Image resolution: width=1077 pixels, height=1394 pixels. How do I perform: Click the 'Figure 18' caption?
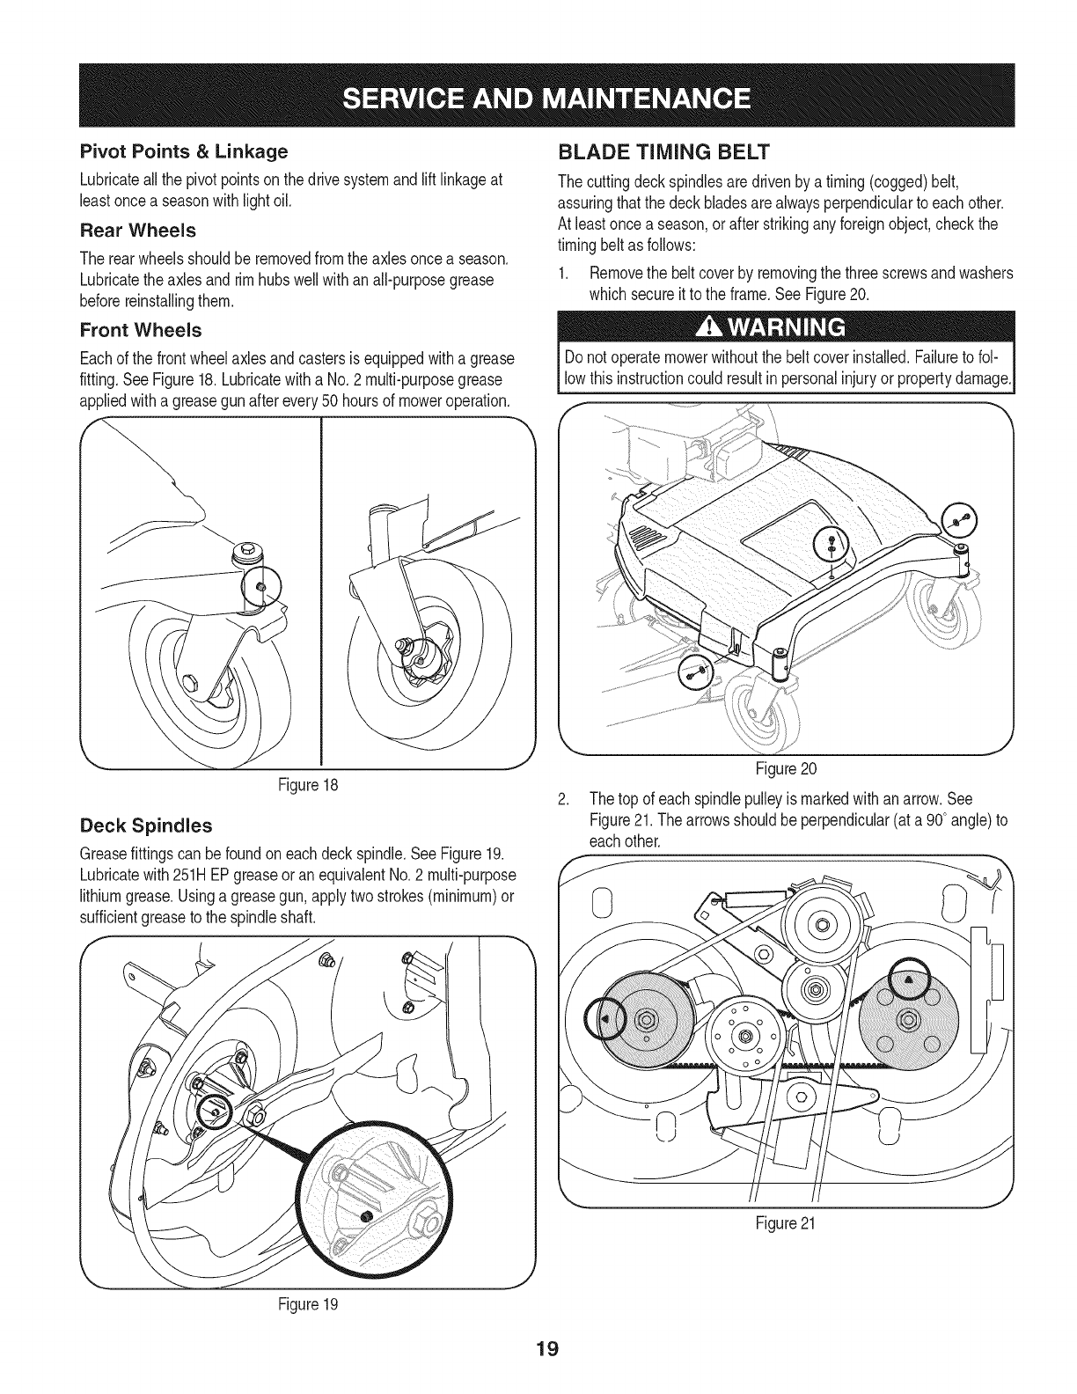pos(304,785)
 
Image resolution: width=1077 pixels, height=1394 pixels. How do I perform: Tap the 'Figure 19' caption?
pos(304,1304)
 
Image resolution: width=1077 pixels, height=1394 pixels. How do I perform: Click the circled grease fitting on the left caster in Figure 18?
pos(260,587)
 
